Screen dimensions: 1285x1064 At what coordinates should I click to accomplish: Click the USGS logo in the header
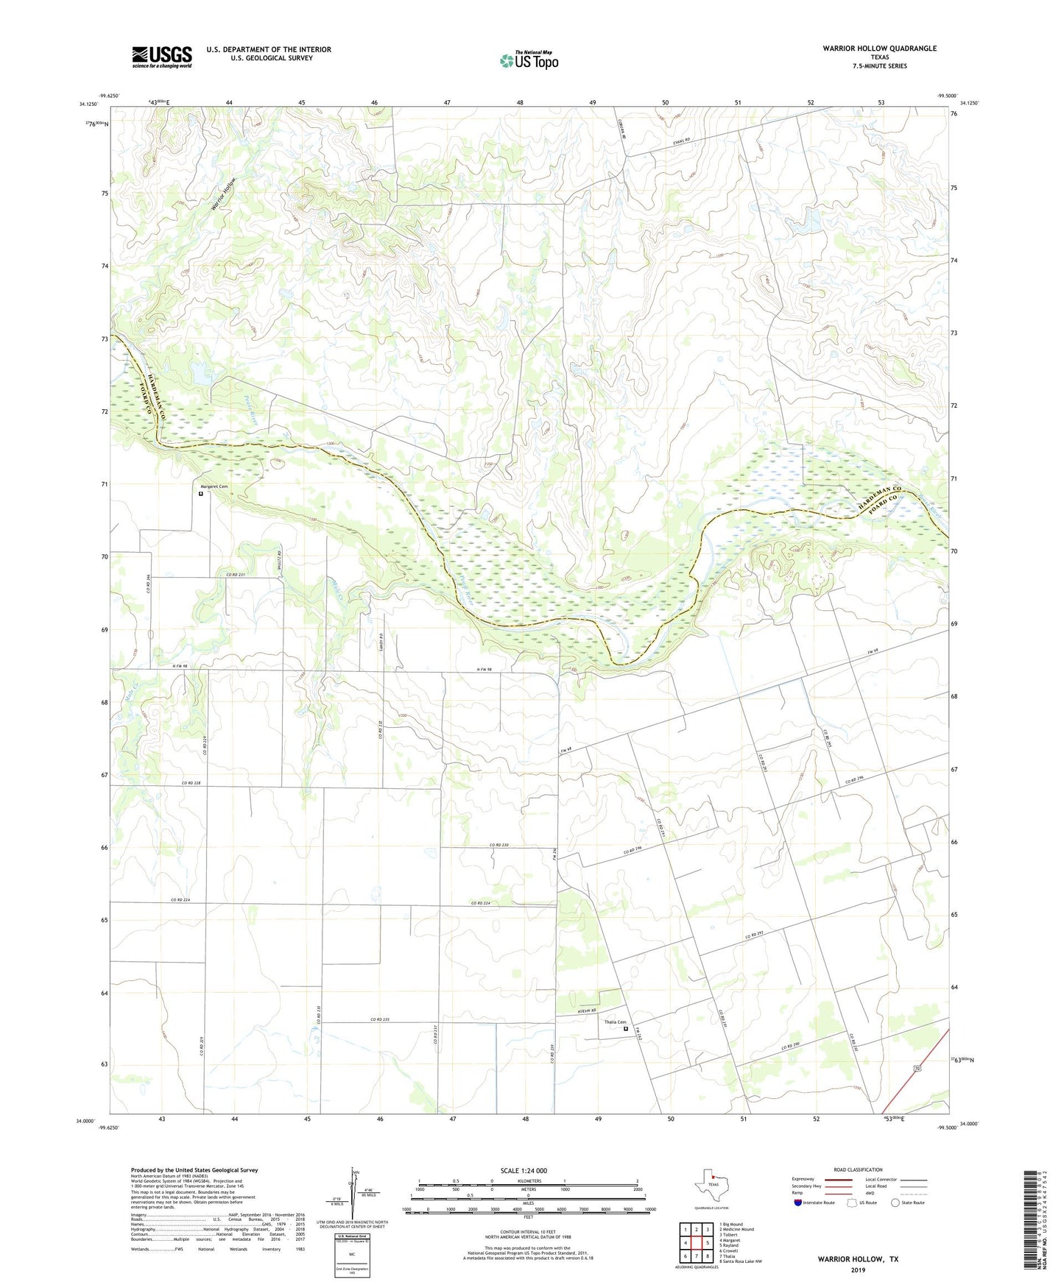[x=162, y=57]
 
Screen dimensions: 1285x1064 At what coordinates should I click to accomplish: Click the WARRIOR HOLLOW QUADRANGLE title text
[x=879, y=49]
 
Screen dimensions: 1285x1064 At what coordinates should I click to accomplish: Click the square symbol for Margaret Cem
[x=200, y=494]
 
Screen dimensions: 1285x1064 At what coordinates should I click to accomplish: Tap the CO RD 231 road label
[x=235, y=575]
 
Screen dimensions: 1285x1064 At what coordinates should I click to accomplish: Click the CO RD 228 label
[x=191, y=783]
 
